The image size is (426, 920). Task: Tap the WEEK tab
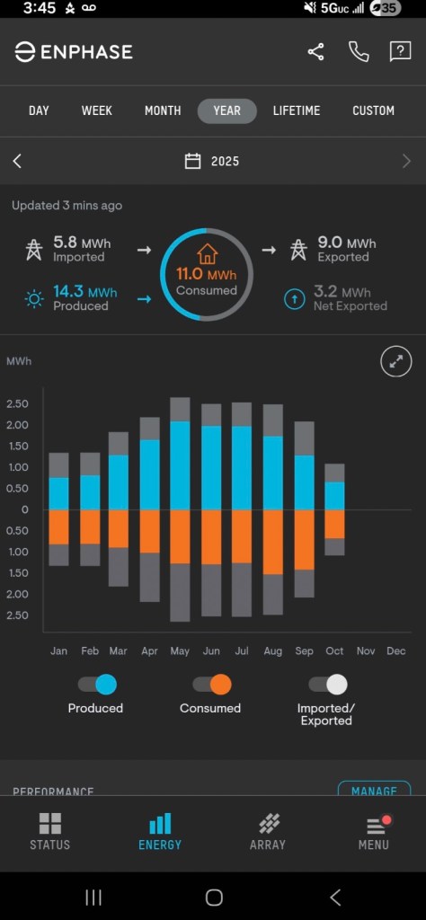point(97,111)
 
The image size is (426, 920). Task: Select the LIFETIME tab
point(297,111)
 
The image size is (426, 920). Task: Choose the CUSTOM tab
point(373,111)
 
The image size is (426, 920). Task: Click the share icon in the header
point(315,52)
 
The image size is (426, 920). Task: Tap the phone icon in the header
point(359,52)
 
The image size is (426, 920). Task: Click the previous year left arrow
point(17,162)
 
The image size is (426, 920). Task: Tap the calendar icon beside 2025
point(192,162)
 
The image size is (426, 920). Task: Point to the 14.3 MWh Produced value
point(84,292)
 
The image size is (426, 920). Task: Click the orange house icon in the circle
point(208,253)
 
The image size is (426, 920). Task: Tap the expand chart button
point(396,362)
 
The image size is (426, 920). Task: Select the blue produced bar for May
point(180,465)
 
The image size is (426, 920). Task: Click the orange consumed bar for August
point(272,542)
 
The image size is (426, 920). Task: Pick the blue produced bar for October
point(334,496)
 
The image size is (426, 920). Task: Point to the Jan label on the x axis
point(58,650)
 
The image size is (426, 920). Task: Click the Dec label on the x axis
point(395,650)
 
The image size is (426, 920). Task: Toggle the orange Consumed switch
point(212,685)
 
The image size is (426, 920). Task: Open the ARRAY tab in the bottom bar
point(267,831)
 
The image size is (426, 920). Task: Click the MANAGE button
point(374,791)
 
